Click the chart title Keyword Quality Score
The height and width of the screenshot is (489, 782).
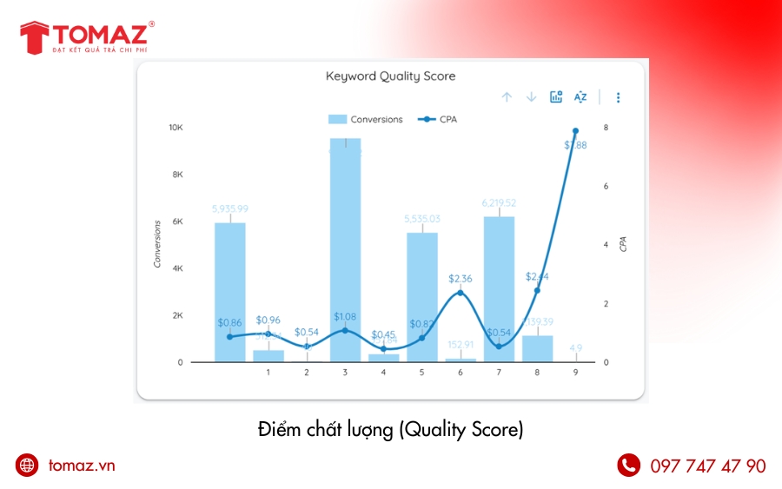coord(390,76)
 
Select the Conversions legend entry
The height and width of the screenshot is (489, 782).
coord(366,119)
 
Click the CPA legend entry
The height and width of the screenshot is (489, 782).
coord(438,119)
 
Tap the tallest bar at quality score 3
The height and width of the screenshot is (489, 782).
coord(345,252)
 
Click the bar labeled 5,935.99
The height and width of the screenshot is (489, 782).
coord(230,292)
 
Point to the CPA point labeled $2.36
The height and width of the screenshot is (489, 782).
coord(460,292)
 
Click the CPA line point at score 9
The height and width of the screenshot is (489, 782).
coord(575,131)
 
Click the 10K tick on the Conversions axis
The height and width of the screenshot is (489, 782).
coord(176,128)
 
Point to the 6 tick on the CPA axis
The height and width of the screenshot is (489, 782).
coord(606,186)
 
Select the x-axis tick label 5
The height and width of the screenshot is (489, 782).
coord(421,373)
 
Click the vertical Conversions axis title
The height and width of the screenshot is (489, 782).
coord(157,243)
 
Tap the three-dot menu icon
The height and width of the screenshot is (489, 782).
coord(618,97)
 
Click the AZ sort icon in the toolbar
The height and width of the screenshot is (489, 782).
coord(580,97)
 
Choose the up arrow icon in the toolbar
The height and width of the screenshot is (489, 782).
coord(507,97)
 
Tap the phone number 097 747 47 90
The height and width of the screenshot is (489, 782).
coord(708,466)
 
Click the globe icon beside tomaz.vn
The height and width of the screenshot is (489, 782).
coord(28,466)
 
